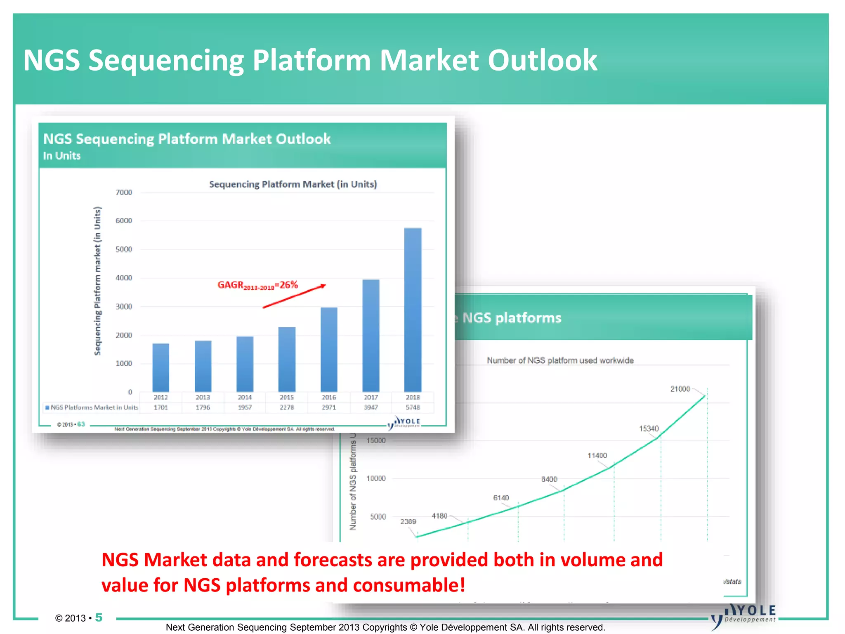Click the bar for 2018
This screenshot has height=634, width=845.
413,310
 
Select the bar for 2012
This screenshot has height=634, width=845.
161,367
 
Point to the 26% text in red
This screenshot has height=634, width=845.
289,284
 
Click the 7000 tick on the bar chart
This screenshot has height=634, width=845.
124,192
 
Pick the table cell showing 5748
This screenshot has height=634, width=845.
413,407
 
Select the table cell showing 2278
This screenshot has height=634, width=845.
287,407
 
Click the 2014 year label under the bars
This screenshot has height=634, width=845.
245,397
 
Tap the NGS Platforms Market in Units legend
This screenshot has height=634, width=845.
92,407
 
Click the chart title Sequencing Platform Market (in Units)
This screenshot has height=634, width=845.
293,184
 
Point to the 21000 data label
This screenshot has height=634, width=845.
680,389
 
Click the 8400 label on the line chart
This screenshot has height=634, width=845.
549,479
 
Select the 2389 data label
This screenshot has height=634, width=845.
408,521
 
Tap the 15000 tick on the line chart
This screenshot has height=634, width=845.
376,440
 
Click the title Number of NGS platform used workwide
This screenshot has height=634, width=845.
560,360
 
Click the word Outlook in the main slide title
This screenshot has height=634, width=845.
542,60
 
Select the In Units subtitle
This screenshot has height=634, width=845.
62,156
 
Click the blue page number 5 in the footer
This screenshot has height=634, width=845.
99,617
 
